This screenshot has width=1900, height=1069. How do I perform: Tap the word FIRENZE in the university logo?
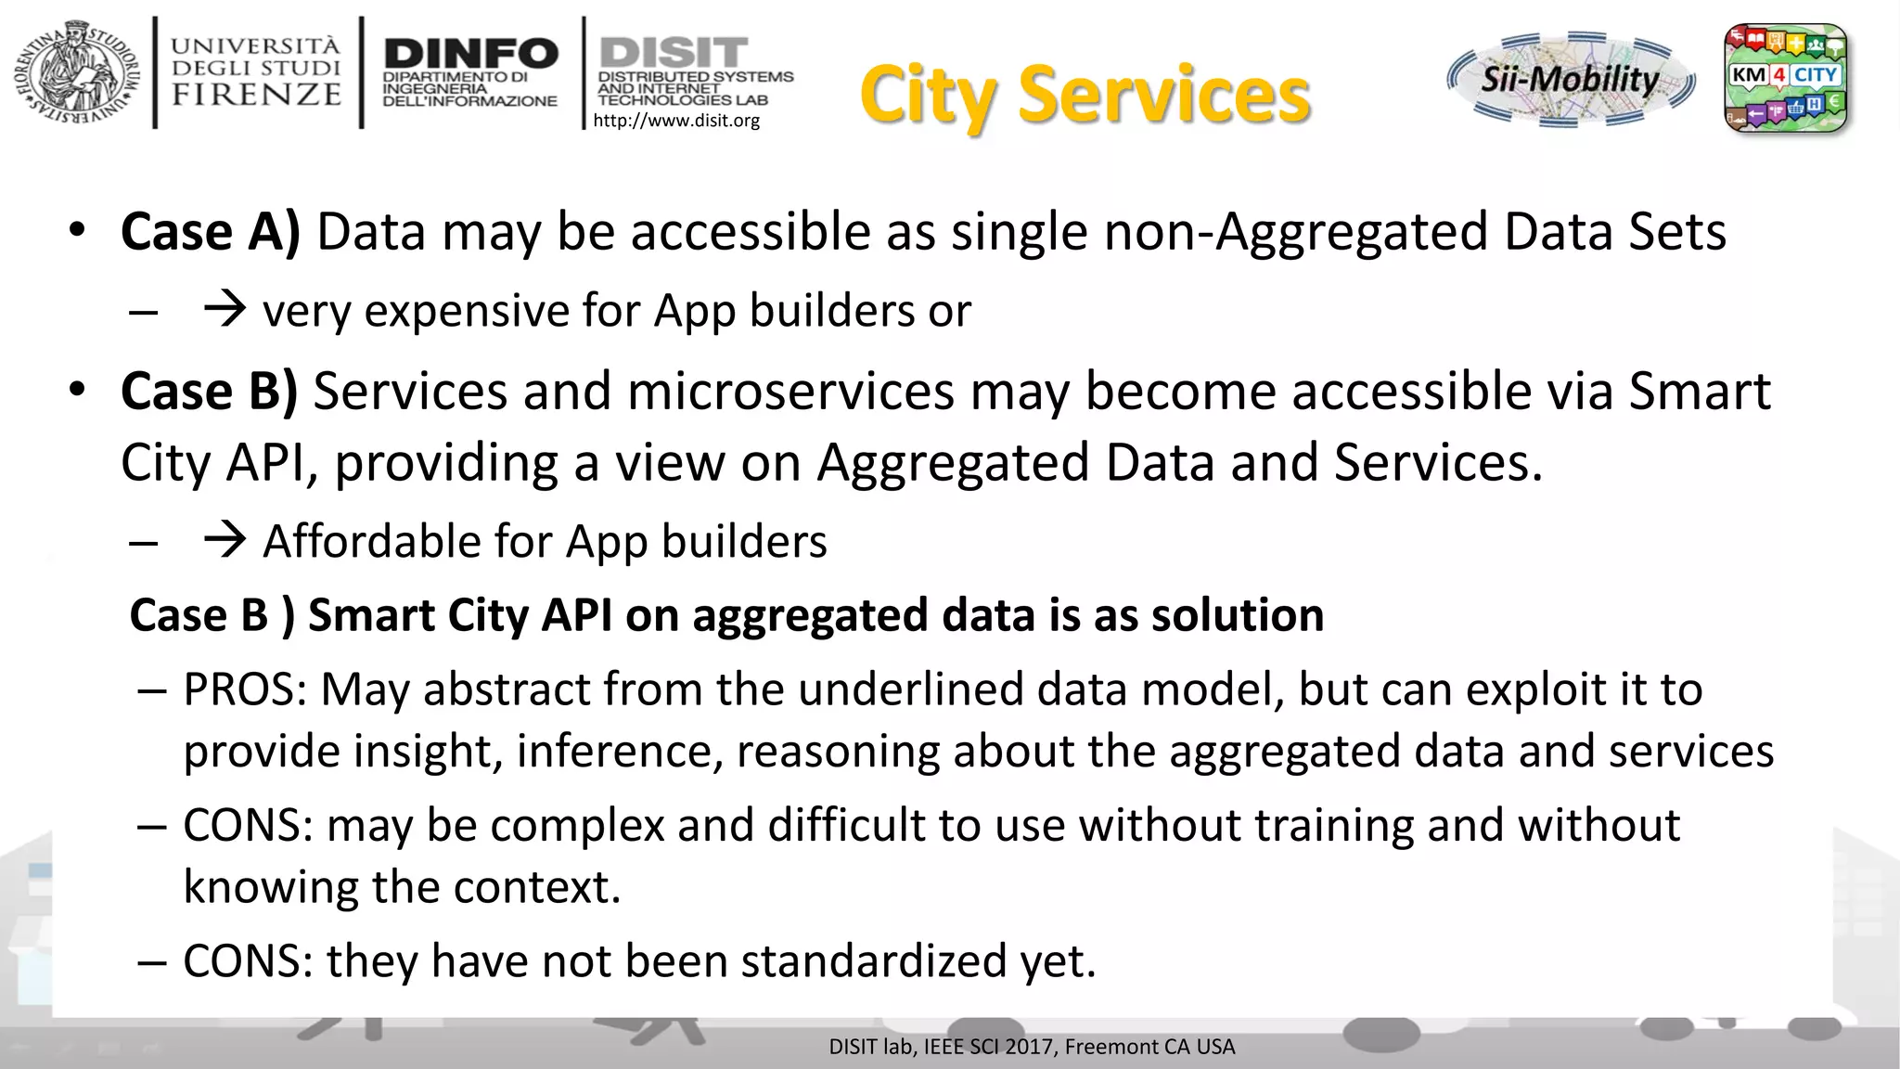coord(257,95)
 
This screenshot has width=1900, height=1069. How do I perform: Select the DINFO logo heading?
coord(470,54)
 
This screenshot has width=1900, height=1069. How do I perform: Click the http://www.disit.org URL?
coord(676,121)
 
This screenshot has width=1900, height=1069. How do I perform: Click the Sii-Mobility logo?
coord(1570,79)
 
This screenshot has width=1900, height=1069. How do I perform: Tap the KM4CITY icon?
coord(1785,79)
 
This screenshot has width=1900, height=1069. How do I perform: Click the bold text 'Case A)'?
coord(211,232)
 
